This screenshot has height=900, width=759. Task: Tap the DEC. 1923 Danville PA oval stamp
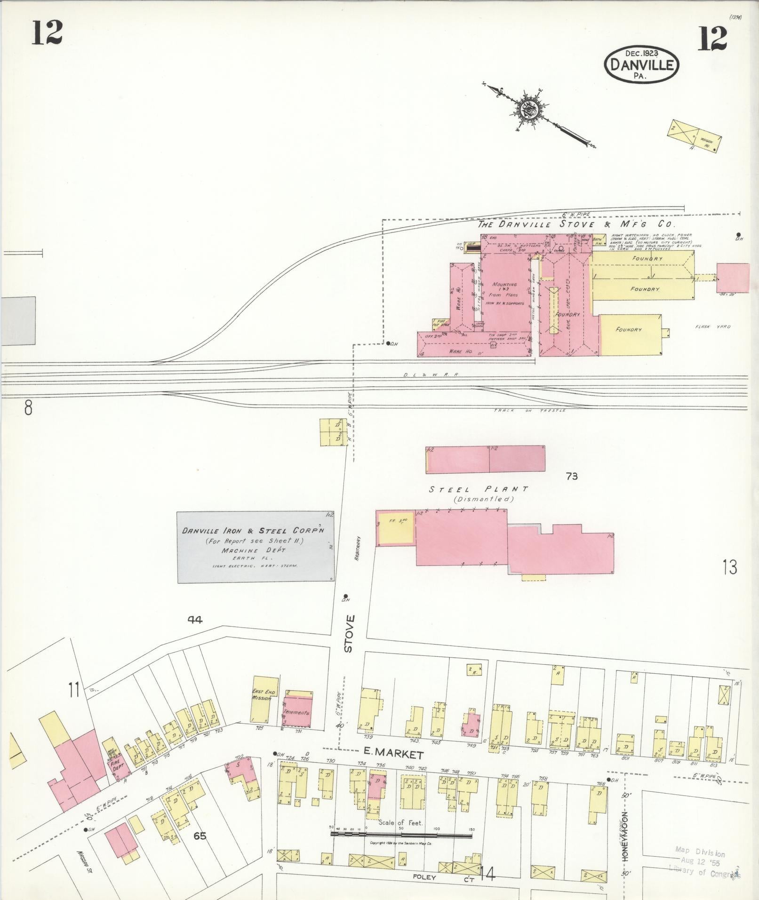tap(642, 65)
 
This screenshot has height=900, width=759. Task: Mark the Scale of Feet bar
tap(401, 836)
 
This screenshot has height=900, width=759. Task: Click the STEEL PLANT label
tap(478, 489)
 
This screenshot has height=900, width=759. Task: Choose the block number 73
tap(572, 477)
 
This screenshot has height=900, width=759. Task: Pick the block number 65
tap(200, 836)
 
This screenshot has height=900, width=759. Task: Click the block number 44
tap(195, 620)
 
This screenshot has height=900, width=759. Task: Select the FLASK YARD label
tap(713, 327)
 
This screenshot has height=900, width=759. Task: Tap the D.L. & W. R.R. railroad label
tap(430, 375)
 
